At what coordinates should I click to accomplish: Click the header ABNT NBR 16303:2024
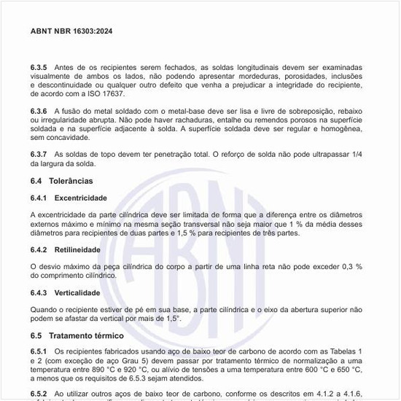71,31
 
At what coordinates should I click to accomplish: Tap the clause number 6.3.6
39,109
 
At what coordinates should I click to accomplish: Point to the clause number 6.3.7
39,155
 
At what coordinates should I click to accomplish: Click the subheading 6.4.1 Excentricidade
69,198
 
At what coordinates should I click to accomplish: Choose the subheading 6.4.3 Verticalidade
65,293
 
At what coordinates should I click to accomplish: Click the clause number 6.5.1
39,352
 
